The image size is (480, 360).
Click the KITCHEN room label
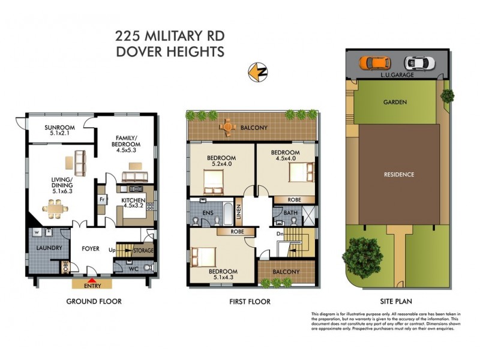pyautogui.click(x=134, y=200)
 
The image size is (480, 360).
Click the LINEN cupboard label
pyautogui.click(x=238, y=211)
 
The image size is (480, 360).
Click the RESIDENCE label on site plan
pyautogui.click(x=399, y=175)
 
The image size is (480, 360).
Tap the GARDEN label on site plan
pyautogui.click(x=395, y=102)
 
